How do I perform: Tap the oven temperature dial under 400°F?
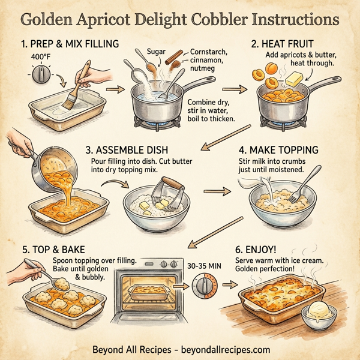pyautogui.click(x=41, y=74)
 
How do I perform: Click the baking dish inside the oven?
pyautogui.click(x=147, y=292)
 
